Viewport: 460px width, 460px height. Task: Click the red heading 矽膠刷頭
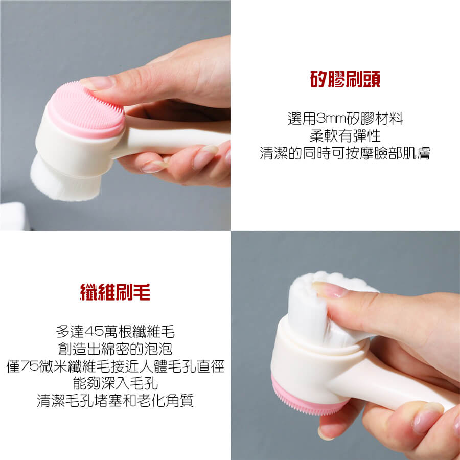[345, 79]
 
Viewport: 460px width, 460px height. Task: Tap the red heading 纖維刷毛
[115, 292]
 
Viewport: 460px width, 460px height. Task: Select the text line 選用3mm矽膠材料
[346, 119]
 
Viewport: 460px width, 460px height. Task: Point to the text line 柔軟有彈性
[345, 136]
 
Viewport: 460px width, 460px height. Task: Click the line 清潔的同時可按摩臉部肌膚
[345, 153]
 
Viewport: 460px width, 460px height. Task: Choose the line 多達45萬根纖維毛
[116, 332]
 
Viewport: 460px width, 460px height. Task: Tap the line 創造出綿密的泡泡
[116, 349]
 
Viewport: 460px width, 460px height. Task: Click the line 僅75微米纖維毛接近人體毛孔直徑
[116, 366]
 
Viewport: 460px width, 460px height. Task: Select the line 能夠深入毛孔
[116, 383]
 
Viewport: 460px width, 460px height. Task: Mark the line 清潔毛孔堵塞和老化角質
[116, 400]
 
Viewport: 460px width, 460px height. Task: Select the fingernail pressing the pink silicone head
[98, 83]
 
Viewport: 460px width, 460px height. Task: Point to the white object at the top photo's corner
[14, 216]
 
